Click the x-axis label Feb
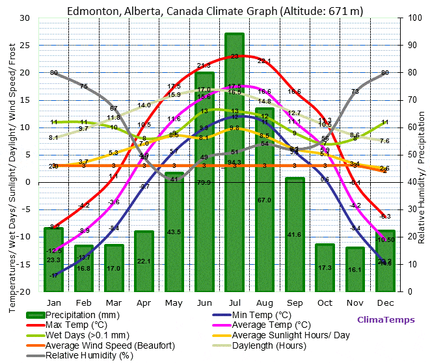pyautogui.click(x=83, y=302)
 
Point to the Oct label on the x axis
pyautogui.click(x=325, y=302)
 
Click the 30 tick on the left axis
pyautogui.click(x=25, y=18)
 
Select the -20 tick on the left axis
pyautogui.click(x=24, y=291)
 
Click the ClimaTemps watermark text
pyautogui.click(x=385, y=319)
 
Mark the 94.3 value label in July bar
pyautogui.click(x=234, y=162)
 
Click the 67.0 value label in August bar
pyautogui.click(x=264, y=200)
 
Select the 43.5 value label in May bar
pyautogui.click(x=174, y=232)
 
